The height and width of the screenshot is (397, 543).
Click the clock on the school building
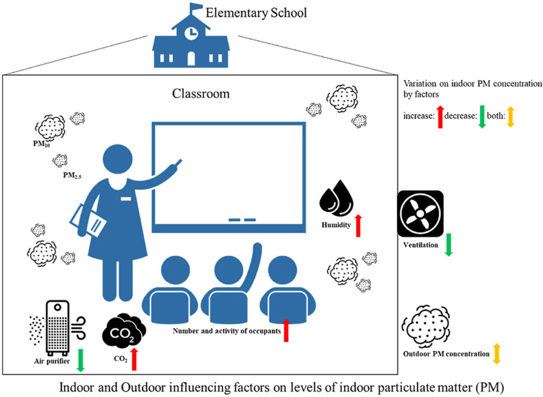pyautogui.click(x=191, y=32)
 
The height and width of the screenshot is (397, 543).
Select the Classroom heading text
pyautogui.click(x=201, y=94)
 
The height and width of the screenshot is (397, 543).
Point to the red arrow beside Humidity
pyautogui.click(x=357, y=225)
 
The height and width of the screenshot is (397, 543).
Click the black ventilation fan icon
pyautogui.click(x=420, y=213)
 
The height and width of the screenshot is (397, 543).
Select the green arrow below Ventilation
pyautogui.click(x=448, y=244)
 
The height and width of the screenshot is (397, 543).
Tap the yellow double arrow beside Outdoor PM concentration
pyautogui.click(x=496, y=353)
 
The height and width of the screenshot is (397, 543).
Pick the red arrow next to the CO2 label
pyautogui.click(x=134, y=359)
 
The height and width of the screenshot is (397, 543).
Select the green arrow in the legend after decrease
pyautogui.click(x=481, y=116)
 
